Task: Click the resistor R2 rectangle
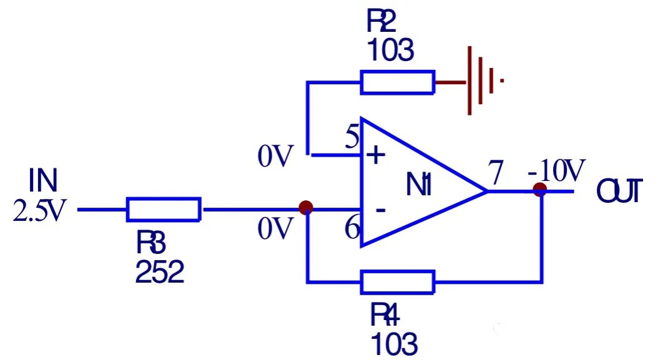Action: pyautogui.click(x=397, y=82)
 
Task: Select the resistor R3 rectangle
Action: pyautogui.click(x=164, y=210)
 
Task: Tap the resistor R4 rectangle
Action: pyautogui.click(x=397, y=282)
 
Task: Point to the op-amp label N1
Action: pyautogui.click(x=418, y=185)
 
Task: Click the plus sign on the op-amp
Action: pyautogui.click(x=375, y=155)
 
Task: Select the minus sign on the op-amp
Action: pyautogui.click(x=380, y=210)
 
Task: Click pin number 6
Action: pyautogui.click(x=352, y=230)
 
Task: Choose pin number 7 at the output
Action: pyautogui.click(x=496, y=174)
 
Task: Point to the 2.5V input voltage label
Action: pyautogui.click(x=39, y=212)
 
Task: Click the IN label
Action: pyautogui.click(x=43, y=182)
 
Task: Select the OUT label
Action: pyautogui.click(x=619, y=191)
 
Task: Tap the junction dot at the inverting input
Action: pyautogui.click(x=306, y=208)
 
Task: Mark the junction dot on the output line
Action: pyautogui.click(x=540, y=190)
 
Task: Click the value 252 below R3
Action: pyautogui.click(x=160, y=273)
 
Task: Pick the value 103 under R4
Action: pyautogui.click(x=394, y=343)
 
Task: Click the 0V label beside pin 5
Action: pyautogui.click(x=275, y=158)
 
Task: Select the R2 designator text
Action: pyautogui.click(x=381, y=22)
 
